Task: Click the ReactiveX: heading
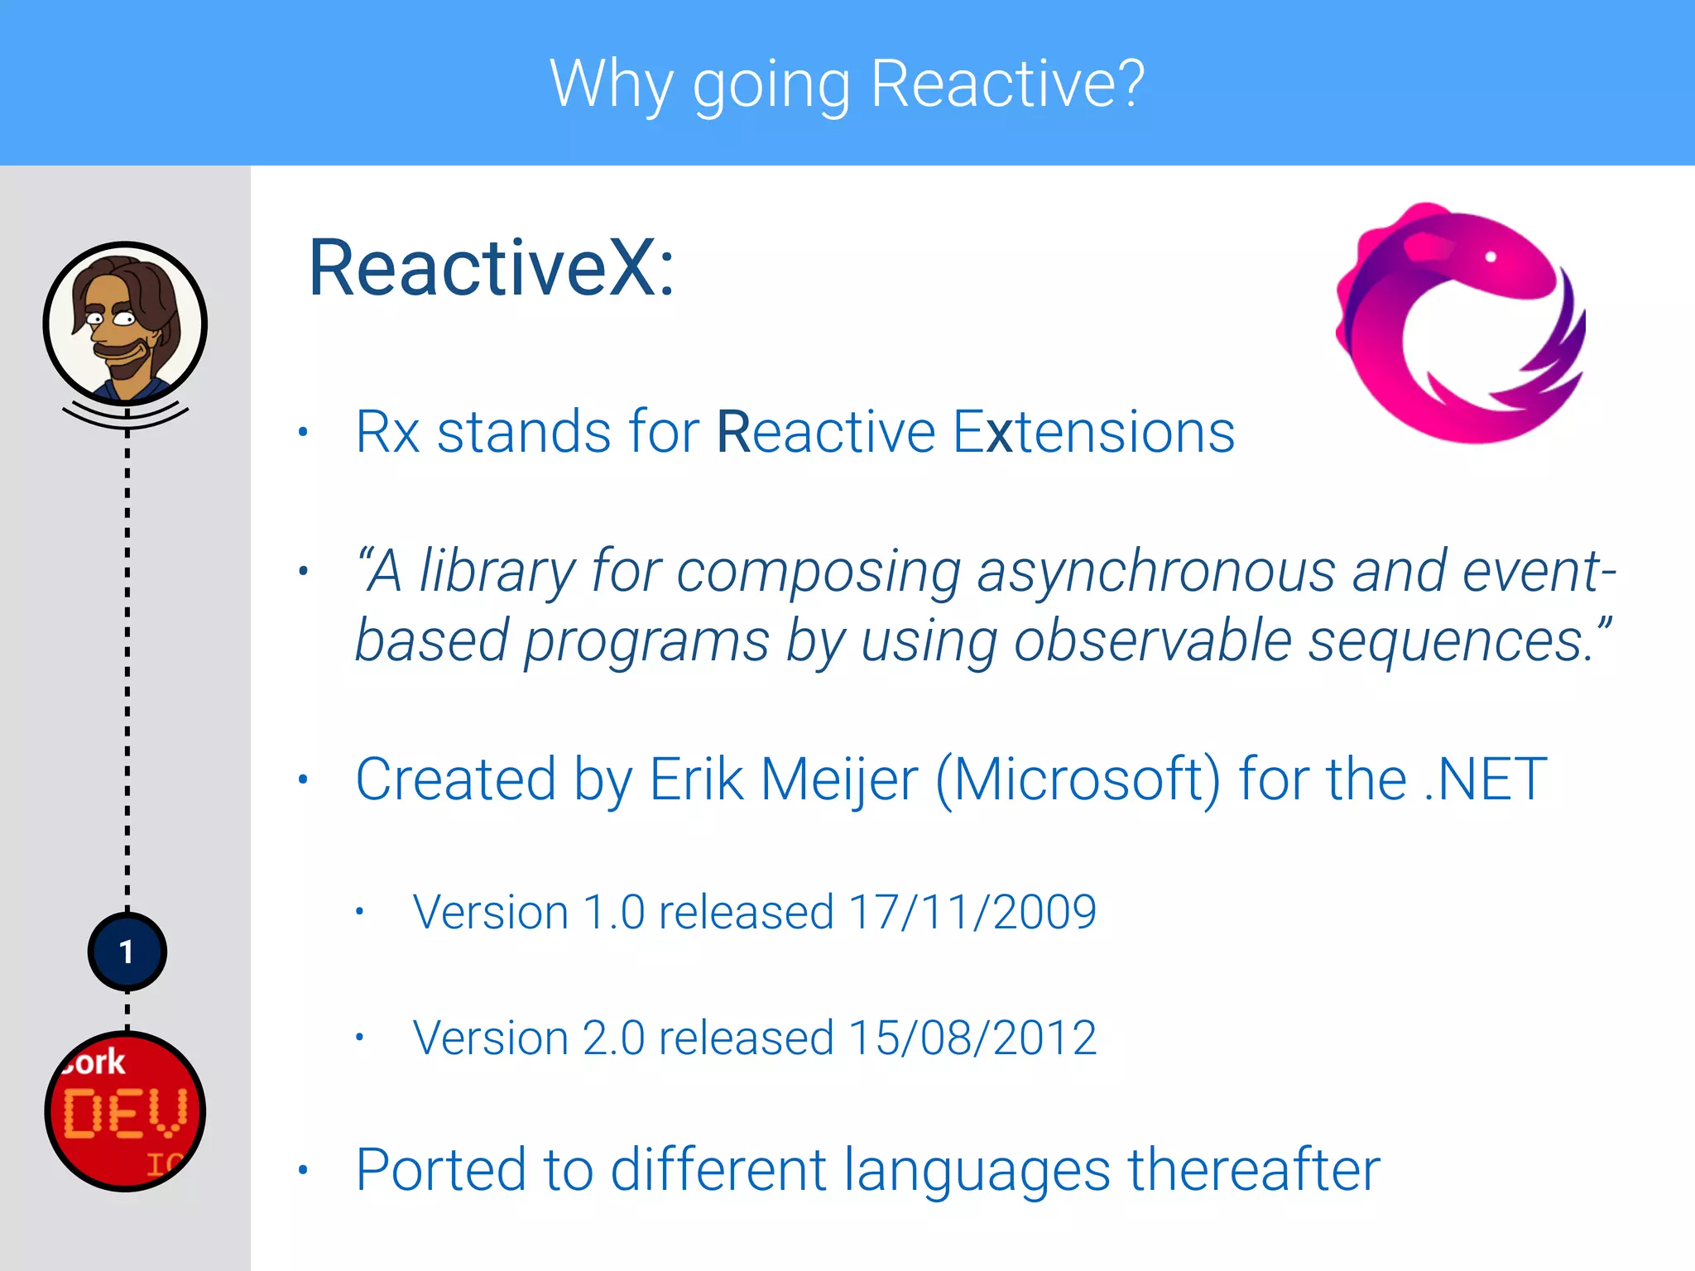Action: coord(492,268)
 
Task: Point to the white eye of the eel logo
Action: coord(1491,257)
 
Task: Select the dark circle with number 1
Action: coord(127,952)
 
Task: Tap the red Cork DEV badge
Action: coord(125,1110)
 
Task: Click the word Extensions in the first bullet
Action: coord(1093,432)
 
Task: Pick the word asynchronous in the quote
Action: coord(1156,571)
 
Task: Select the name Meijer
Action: coord(838,779)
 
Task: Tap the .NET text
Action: coord(1485,779)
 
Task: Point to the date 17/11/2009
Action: coord(972,913)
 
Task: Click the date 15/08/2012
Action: coord(972,1038)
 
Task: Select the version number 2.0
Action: coord(613,1038)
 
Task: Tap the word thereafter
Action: coord(1254,1169)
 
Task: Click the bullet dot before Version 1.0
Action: coord(359,912)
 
